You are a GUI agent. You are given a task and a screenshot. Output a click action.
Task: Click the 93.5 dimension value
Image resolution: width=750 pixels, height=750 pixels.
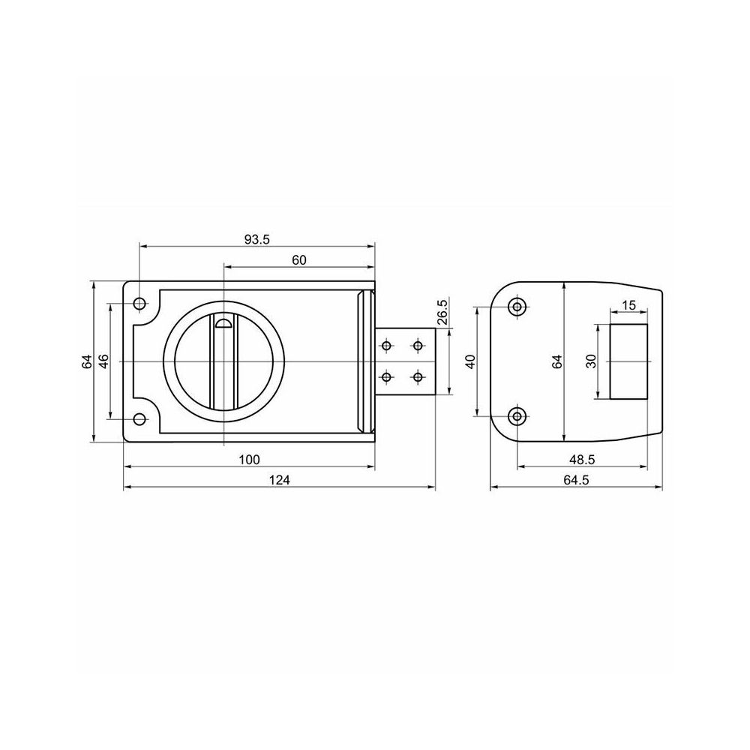click(256, 240)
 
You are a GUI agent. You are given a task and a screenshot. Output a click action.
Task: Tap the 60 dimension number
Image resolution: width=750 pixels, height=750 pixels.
click(299, 260)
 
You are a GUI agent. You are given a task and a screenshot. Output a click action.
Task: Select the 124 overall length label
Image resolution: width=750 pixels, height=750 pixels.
click(279, 480)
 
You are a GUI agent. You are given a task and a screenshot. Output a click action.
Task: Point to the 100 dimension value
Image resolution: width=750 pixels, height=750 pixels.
click(249, 460)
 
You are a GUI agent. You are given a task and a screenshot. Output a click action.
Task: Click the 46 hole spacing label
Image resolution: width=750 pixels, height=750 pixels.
click(103, 361)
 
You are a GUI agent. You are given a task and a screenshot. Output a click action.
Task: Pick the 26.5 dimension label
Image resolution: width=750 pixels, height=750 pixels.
click(442, 312)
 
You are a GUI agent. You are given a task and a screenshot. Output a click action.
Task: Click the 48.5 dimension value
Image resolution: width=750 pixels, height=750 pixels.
click(582, 460)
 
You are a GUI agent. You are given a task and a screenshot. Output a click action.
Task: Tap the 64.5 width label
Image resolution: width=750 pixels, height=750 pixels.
click(576, 480)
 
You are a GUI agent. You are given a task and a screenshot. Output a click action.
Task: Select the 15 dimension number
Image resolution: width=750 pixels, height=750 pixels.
click(629, 305)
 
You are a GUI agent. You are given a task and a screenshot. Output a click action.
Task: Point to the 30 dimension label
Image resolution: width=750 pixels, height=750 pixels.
click(592, 361)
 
